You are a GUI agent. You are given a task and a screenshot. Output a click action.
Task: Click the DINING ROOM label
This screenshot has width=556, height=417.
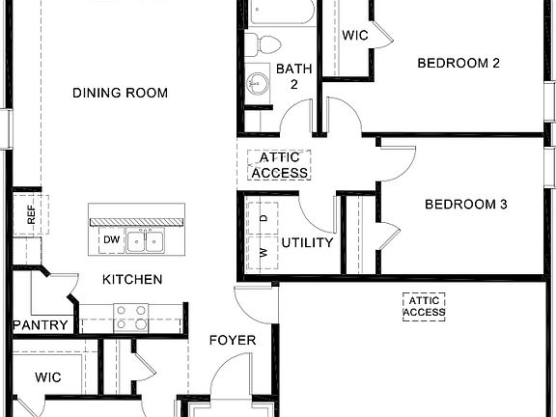tap(121, 94)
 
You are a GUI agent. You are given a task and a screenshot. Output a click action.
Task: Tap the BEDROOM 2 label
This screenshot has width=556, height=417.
tap(458, 64)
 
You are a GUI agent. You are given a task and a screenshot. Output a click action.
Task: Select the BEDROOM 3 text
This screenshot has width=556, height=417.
tap(466, 205)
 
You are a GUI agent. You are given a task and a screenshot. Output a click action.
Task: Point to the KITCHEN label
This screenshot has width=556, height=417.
tap(132, 280)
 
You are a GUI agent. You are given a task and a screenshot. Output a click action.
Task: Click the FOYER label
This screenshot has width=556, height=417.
tap(233, 340)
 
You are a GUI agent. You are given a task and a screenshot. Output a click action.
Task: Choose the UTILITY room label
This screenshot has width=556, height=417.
tap(307, 242)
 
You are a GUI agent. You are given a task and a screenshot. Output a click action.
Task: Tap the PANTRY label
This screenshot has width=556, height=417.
tap(41, 325)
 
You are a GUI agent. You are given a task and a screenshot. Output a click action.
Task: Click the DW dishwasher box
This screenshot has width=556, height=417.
tap(111, 240)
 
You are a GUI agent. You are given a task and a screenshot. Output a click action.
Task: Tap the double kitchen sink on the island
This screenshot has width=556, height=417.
tap(147, 240)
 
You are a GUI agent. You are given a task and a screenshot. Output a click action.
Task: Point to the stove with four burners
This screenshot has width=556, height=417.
tap(131, 317)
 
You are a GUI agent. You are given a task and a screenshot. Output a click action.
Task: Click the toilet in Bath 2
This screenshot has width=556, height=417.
tap(262, 42)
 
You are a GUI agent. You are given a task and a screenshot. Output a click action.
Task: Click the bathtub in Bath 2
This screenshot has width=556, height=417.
tap(283, 13)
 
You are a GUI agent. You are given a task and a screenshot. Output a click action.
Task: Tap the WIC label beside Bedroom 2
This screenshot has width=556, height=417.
tap(354, 35)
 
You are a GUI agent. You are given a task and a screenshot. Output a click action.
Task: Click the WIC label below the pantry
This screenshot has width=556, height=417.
tap(48, 376)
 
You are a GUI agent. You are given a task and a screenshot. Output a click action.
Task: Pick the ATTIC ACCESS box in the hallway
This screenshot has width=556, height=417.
tap(279, 165)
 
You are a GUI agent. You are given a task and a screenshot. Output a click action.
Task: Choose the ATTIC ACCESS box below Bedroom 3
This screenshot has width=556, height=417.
tap(424, 307)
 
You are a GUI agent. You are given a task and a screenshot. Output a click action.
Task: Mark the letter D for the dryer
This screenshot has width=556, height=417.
tap(264, 218)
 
